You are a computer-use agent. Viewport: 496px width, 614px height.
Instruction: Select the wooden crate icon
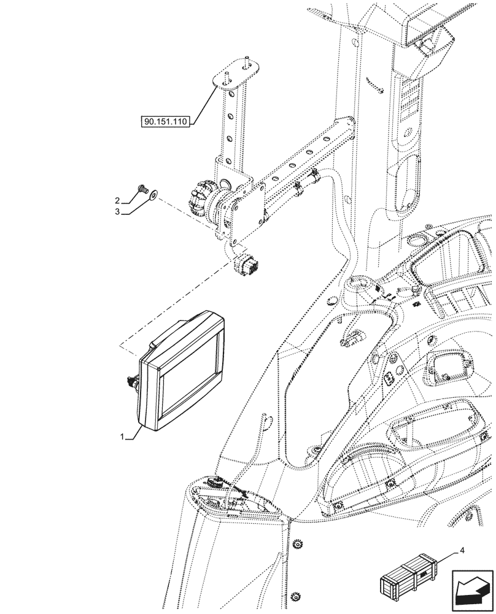click(409, 577)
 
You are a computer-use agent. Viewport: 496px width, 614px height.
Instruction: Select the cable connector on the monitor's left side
click(131, 383)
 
